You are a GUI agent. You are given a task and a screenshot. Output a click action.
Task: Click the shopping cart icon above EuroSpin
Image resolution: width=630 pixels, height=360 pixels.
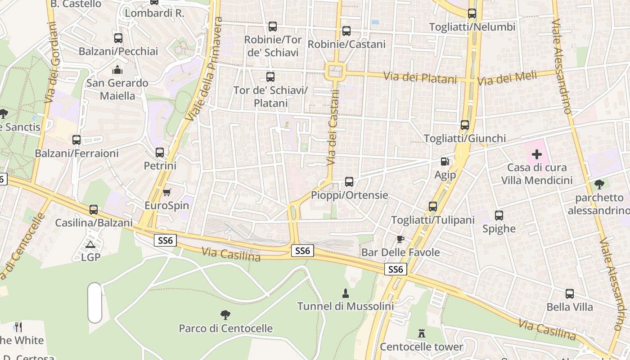click(x=167, y=192)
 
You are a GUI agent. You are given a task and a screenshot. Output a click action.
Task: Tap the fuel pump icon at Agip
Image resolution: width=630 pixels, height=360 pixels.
click(x=445, y=162)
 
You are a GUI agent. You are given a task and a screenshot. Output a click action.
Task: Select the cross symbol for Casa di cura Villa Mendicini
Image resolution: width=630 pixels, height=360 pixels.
click(x=537, y=154)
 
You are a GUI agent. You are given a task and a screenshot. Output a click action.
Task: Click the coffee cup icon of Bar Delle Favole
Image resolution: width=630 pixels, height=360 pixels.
click(x=400, y=239)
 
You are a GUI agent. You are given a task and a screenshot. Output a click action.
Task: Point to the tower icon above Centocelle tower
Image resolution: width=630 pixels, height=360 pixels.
click(x=422, y=333)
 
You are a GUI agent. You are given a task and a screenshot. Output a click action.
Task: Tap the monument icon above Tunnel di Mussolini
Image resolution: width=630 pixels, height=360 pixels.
click(x=346, y=293)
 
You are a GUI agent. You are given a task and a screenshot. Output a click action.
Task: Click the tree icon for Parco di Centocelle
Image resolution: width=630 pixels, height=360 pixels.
click(x=225, y=315)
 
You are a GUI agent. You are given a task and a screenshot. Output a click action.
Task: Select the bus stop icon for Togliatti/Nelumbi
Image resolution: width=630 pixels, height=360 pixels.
click(x=472, y=13)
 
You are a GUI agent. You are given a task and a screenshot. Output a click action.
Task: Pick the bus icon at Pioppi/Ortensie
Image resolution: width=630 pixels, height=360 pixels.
click(x=349, y=182)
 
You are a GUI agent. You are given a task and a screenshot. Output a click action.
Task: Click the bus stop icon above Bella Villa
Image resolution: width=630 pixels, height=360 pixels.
click(x=570, y=294)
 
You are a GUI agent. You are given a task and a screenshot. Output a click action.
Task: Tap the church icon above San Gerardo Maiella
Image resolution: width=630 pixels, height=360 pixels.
click(x=117, y=70)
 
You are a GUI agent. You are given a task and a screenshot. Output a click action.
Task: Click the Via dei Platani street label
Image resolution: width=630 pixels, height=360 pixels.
click(x=420, y=77)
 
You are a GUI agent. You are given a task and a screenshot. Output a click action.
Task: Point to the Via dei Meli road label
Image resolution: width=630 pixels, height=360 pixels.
click(x=507, y=78)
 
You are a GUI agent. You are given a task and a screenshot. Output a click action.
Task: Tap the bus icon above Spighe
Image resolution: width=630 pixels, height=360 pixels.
click(x=499, y=216)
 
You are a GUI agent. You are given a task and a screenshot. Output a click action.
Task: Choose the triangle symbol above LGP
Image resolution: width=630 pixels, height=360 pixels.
click(x=90, y=244)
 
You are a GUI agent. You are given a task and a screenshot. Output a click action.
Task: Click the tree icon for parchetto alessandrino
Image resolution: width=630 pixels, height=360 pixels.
click(x=599, y=184)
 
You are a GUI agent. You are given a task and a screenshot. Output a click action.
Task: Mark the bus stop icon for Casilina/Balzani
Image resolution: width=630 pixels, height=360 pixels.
click(x=94, y=209)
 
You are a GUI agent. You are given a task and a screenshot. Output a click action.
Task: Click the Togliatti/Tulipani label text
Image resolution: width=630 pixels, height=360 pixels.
click(x=433, y=220)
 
